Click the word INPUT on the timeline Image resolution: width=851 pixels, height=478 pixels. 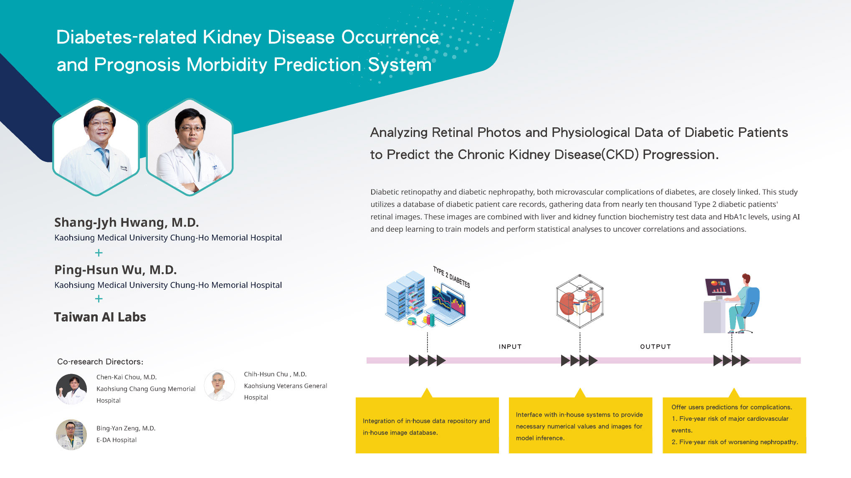510,346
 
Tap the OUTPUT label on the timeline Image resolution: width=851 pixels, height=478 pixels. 655,346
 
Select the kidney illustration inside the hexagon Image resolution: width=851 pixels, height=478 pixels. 580,301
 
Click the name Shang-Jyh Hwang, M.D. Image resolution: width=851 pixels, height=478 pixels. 127,222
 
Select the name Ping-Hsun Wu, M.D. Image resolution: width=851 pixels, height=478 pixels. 116,270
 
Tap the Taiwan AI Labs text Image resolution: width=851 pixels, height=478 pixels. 100,317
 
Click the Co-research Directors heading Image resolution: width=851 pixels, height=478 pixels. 100,362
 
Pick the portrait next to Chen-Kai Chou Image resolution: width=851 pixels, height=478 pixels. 71,389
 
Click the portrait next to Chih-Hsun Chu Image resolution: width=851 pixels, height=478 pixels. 219,385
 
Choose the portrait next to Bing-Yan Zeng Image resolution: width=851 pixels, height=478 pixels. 71,435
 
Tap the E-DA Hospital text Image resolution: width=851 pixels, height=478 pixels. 117,440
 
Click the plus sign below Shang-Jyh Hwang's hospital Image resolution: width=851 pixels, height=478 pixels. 99,253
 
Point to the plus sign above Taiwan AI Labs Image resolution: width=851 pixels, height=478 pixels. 99,298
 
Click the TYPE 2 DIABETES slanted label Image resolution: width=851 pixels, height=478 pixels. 451,277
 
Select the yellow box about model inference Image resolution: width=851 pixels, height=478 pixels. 580,424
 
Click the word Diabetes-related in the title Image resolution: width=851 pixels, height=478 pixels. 126,37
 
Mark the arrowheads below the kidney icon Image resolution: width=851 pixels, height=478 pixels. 579,360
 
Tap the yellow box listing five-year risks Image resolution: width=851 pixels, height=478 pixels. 734,424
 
